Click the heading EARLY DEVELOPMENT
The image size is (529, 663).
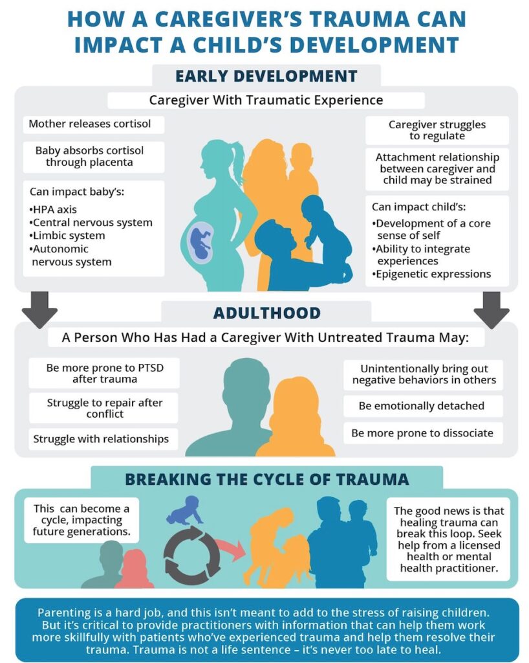[266, 76]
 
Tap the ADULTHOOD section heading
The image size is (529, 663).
[267, 313]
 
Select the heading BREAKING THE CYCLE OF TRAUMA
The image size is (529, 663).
[267, 479]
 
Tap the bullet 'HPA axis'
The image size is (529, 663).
[53, 209]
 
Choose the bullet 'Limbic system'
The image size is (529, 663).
[67, 236]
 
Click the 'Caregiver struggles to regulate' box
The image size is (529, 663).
[437, 130]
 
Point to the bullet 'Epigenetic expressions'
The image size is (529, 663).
[431, 274]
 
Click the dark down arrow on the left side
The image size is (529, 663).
[39, 309]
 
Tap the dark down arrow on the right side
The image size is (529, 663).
[491, 309]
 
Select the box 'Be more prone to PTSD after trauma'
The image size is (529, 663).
[104, 373]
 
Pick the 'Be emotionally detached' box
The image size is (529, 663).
[423, 406]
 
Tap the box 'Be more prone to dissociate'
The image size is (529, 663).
[423, 433]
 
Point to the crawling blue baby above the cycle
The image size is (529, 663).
[186, 510]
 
